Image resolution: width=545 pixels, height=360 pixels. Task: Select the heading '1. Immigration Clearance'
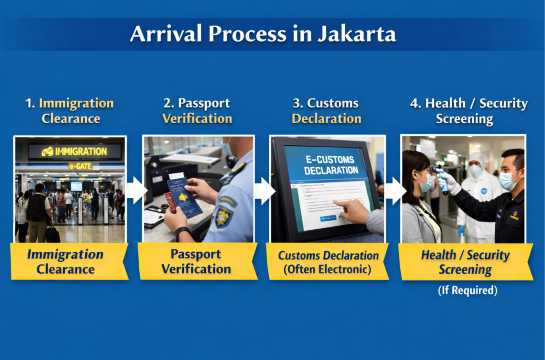tap(70, 111)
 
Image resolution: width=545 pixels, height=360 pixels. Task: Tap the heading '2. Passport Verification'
tap(198, 111)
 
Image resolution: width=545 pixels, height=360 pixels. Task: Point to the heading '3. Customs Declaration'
tap(327, 111)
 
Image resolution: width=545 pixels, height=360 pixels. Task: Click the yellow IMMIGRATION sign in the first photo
tap(75, 151)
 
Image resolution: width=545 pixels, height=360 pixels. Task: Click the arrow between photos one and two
tap(135, 189)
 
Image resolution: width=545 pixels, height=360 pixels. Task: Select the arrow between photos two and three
tap(263, 189)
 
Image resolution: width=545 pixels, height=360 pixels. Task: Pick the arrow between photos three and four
tap(393, 189)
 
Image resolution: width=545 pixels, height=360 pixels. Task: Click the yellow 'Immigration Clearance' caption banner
tap(70, 261)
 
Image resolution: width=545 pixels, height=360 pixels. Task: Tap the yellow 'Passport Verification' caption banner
tap(198, 261)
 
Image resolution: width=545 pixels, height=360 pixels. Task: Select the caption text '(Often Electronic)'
tap(327, 270)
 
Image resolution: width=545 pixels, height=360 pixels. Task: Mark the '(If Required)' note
tap(466, 291)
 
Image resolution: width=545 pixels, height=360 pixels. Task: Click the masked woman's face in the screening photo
tap(421, 180)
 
